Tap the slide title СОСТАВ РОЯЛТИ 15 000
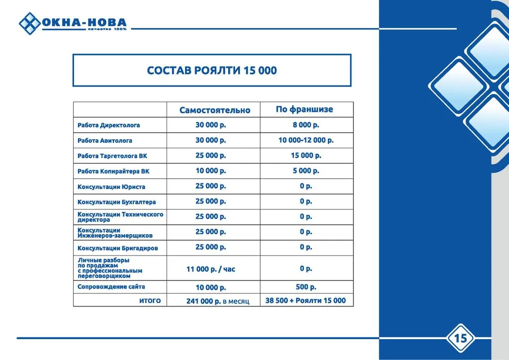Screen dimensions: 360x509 212,71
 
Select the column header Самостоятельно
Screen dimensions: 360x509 215,110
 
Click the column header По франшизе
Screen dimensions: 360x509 304,109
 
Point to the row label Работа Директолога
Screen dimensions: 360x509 109,125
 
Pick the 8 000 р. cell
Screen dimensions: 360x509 306,125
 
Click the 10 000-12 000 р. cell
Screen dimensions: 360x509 306,140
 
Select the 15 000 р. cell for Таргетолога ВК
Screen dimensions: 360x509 306,156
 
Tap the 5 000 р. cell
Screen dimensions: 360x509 306,171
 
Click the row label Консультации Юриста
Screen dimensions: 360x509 111,187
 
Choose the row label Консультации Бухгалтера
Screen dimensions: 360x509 117,202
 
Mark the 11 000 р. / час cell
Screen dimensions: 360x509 211,269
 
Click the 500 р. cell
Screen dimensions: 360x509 306,287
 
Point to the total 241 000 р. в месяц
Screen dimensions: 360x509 218,301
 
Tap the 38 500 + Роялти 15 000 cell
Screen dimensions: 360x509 305,300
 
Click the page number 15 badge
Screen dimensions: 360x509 460,339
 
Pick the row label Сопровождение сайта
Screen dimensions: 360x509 111,287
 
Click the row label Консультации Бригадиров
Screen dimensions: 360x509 117,248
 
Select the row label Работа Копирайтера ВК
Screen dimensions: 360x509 113,171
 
